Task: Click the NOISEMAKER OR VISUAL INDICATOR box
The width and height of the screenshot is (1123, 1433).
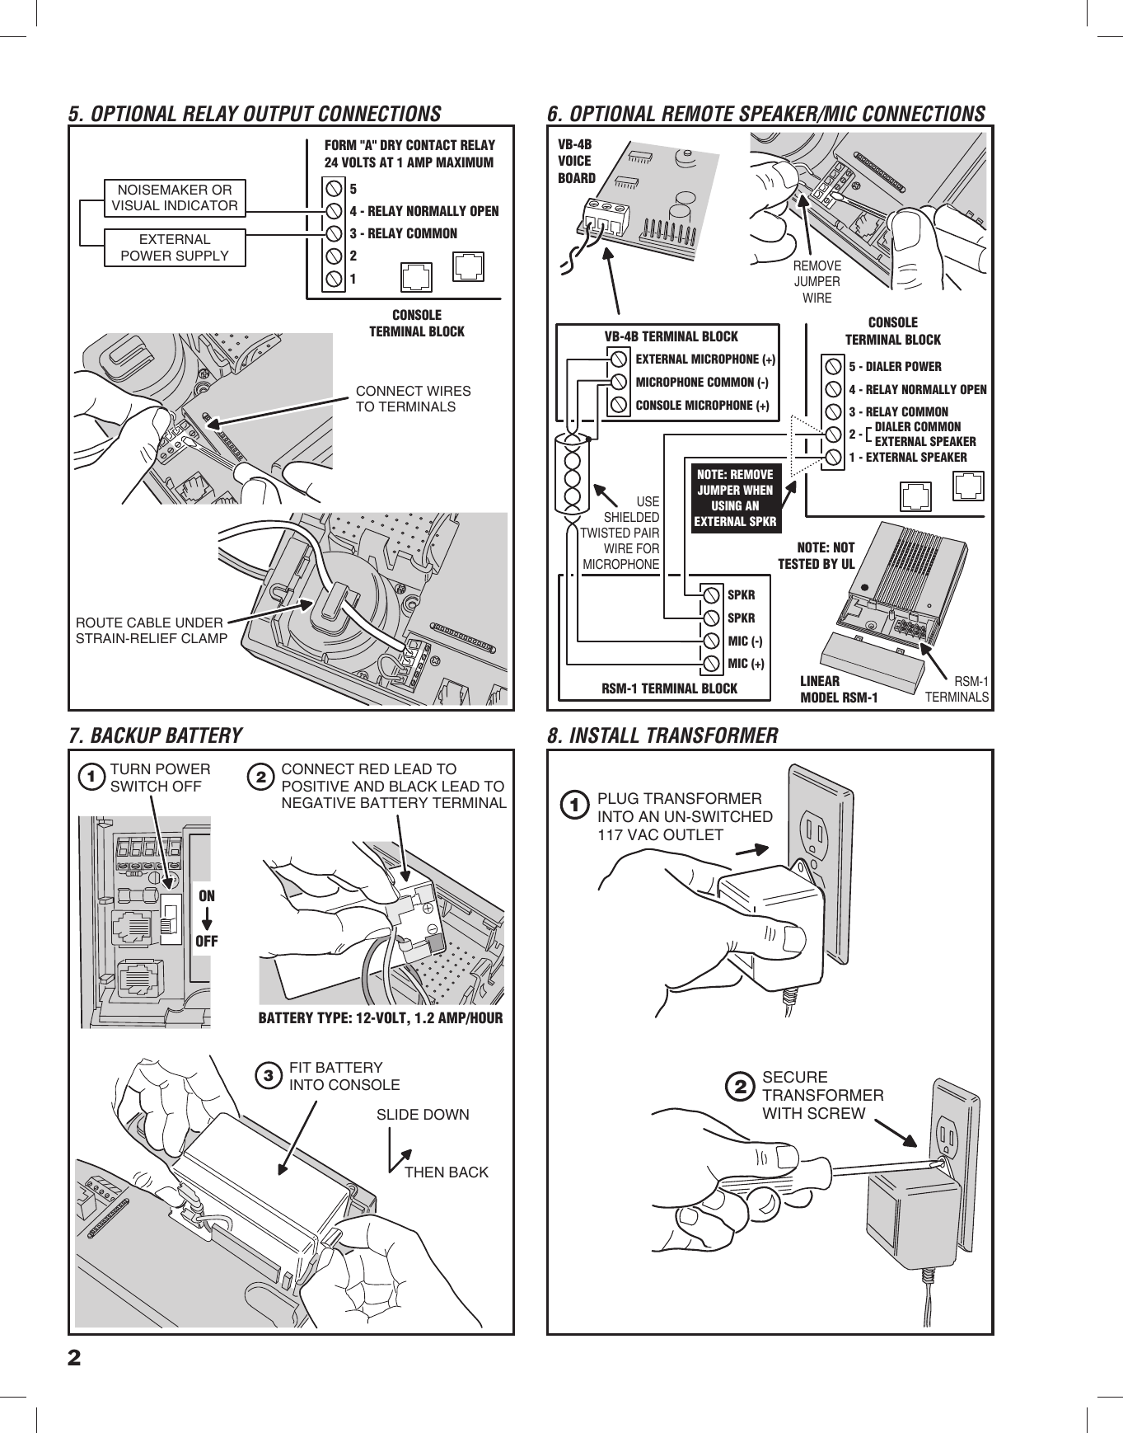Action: click(175, 198)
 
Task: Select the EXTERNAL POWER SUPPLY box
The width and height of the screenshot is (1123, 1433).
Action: click(175, 247)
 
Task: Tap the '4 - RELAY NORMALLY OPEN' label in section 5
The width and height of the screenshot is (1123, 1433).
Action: click(424, 211)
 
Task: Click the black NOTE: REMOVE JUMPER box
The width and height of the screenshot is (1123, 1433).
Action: click(735, 498)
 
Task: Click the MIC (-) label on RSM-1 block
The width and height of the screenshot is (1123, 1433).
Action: click(745, 641)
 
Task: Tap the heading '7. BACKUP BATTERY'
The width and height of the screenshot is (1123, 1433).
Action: click(156, 735)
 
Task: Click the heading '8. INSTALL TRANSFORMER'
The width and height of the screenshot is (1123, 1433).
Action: click(662, 735)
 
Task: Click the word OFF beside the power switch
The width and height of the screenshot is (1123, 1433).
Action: click(206, 940)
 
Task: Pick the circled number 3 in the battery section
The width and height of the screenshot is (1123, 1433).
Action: click(267, 1076)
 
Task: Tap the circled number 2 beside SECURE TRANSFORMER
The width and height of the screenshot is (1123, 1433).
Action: click(741, 1087)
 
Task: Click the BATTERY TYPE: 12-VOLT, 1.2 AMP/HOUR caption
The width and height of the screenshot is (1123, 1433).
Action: click(381, 1017)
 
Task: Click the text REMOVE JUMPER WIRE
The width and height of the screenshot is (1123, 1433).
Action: click(817, 282)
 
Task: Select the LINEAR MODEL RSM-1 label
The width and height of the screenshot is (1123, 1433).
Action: click(839, 689)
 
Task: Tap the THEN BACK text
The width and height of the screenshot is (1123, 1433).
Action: click(446, 1172)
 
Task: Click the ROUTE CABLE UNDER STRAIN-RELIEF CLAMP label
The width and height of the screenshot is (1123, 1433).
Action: click(152, 630)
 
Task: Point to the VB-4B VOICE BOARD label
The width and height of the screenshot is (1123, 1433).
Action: click(576, 161)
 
